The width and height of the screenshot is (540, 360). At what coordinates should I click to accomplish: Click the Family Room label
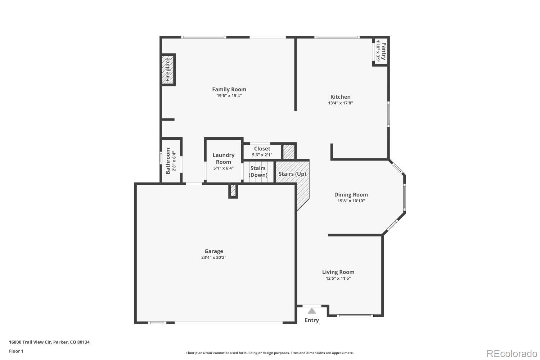click(229, 89)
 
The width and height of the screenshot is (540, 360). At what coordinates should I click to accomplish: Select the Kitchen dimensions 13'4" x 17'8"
click(340, 103)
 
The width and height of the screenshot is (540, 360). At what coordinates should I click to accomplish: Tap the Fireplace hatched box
click(168, 70)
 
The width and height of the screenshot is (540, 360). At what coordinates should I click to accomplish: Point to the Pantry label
click(384, 51)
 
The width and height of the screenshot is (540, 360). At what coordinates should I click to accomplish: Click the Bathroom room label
click(168, 161)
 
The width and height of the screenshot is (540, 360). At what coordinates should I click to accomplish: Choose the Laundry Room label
click(223, 158)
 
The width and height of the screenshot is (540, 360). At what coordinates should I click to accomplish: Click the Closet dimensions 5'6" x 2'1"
click(262, 155)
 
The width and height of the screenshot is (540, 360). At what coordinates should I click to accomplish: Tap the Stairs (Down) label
click(258, 172)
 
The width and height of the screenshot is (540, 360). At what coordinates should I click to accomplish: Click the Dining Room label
click(351, 195)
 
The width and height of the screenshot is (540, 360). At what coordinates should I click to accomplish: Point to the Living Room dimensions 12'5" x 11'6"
click(338, 278)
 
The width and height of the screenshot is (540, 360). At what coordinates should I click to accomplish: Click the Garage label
click(214, 251)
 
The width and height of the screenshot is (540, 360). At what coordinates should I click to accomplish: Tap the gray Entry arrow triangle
click(312, 311)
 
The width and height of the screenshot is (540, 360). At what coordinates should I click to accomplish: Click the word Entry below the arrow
click(312, 320)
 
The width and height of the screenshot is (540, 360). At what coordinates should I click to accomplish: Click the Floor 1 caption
click(16, 351)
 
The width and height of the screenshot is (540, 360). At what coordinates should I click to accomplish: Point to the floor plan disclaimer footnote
click(270, 353)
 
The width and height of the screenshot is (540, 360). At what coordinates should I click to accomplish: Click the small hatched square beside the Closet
click(288, 152)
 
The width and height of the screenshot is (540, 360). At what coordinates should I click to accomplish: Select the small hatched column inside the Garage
click(233, 191)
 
